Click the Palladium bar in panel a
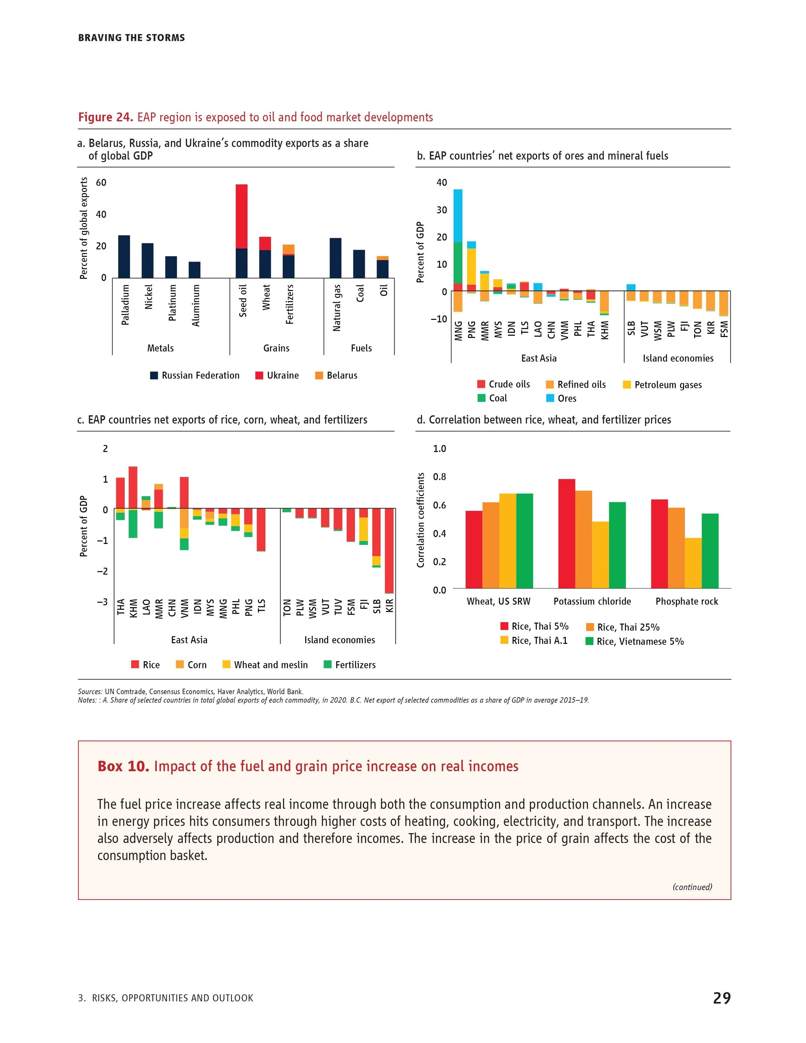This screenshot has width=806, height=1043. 124,256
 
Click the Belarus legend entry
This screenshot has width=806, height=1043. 336,375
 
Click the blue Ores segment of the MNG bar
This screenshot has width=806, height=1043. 457,216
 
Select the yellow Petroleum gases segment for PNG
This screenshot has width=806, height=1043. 471,266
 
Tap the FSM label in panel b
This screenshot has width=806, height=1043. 724,329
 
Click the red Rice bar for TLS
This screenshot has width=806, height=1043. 261,530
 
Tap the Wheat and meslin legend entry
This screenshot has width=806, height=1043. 265,665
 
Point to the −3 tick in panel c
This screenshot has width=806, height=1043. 102,602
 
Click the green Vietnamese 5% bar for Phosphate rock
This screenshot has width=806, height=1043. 710,551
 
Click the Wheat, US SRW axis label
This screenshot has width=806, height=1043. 498,601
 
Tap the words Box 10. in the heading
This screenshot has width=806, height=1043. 123,766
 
